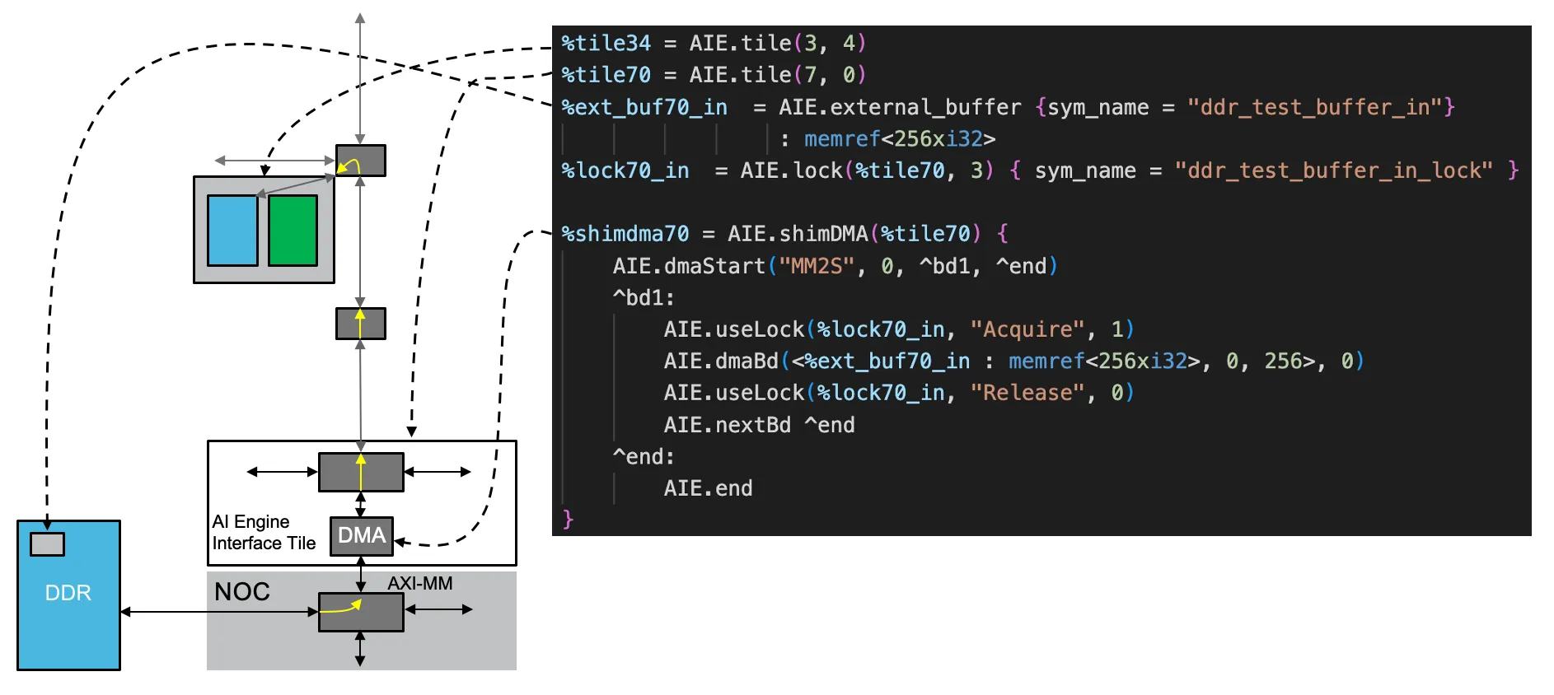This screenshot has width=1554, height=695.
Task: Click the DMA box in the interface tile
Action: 362,536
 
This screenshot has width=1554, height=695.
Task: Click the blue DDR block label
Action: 68,593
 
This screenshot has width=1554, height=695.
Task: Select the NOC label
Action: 242,591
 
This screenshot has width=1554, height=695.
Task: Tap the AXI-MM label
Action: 420,583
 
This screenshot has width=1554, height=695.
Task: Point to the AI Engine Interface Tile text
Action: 264,532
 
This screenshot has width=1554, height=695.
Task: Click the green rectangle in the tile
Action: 293,231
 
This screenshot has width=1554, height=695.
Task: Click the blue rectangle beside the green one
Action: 232,231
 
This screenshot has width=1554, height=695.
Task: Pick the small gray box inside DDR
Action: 47,543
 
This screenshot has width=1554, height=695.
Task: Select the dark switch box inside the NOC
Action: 361,612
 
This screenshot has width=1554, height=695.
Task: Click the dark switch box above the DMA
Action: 361,472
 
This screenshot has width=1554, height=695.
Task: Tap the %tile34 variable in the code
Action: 606,43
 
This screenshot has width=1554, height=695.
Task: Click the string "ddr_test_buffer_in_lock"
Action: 1333,170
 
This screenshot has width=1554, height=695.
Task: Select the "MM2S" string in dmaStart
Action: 817,266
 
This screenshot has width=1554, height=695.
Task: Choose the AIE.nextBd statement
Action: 759,425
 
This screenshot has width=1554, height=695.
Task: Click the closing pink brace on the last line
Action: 568,519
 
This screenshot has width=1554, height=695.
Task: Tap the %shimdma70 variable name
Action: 625,234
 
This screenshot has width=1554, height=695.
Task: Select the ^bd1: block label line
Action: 644,297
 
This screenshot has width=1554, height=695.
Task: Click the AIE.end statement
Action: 708,488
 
